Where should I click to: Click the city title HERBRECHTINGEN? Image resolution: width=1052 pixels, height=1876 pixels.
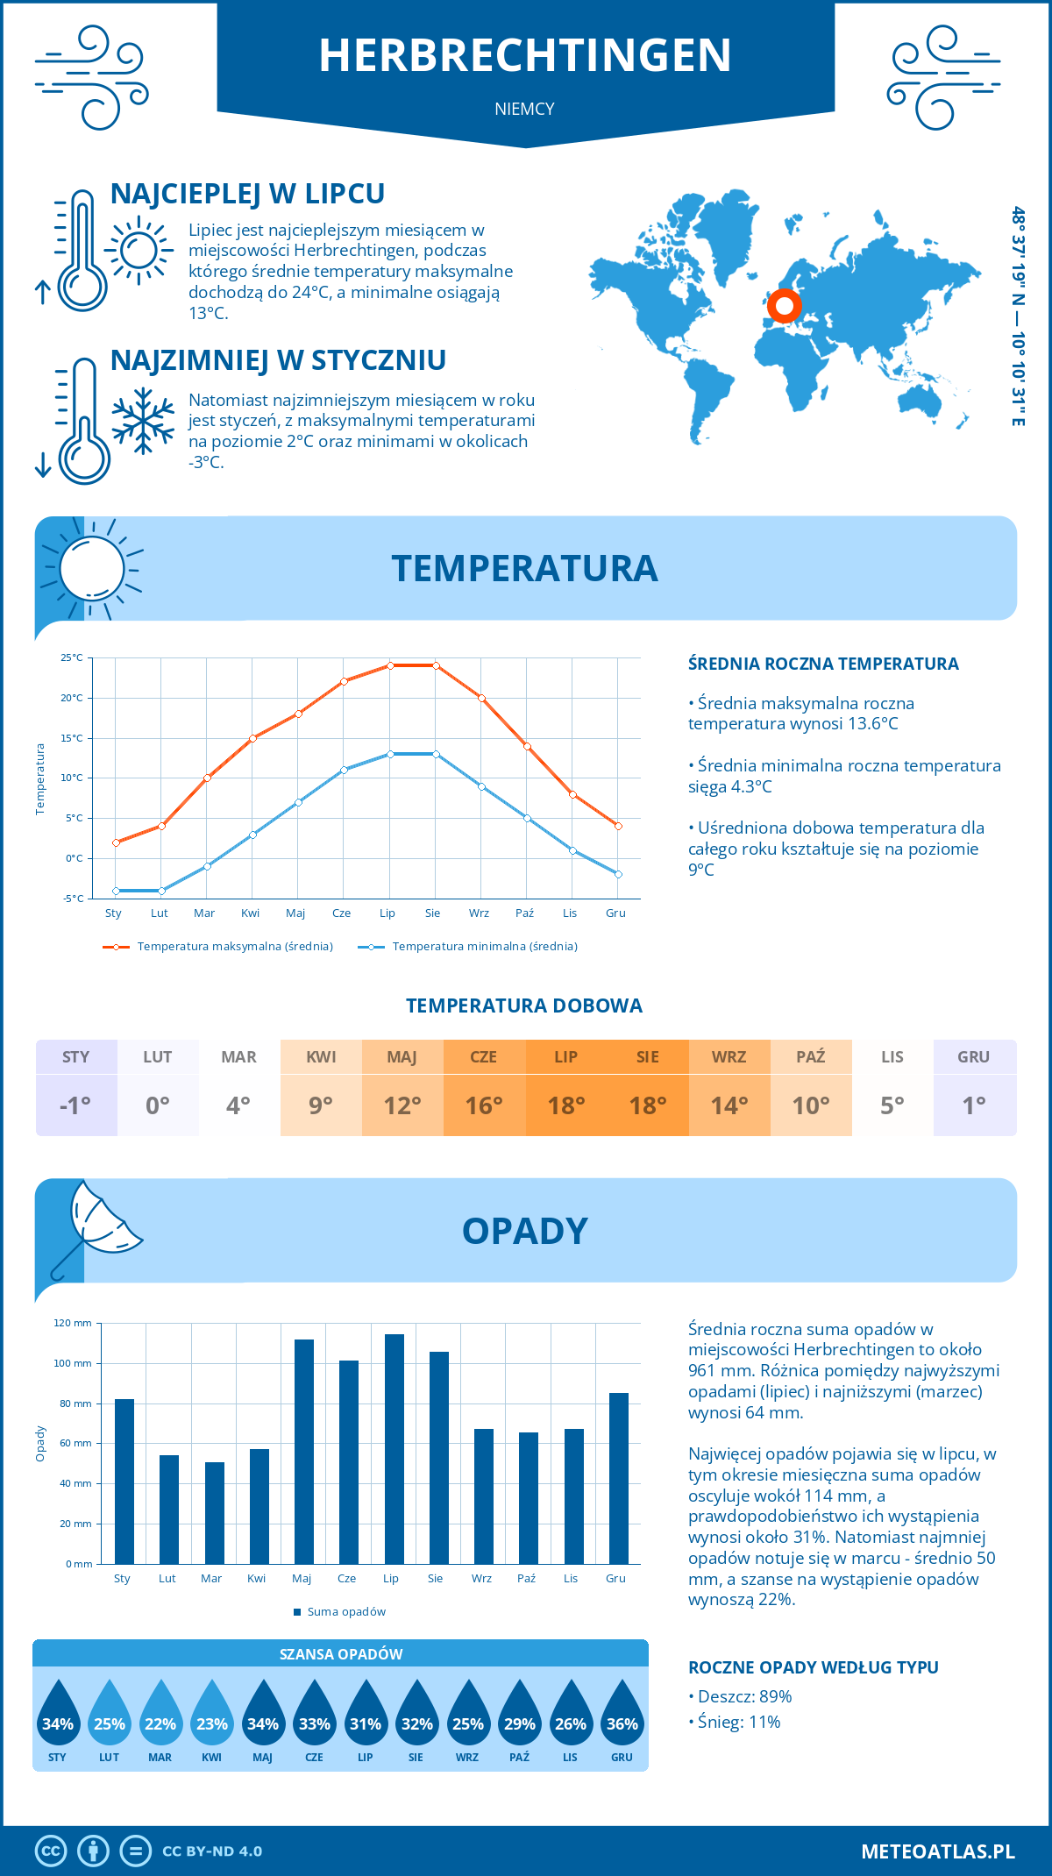coord(525,55)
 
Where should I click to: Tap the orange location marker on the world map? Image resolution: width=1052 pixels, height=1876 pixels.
coord(784,306)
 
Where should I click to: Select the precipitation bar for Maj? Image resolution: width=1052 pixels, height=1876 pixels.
coord(304,1451)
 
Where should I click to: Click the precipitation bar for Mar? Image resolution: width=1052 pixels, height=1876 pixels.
coord(214,1512)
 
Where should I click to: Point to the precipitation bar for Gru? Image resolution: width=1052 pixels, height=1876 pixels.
coord(618,1478)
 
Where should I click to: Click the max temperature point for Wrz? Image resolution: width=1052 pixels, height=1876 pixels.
coord(481,698)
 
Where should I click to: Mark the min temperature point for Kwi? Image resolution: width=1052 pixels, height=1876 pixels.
coord(252,835)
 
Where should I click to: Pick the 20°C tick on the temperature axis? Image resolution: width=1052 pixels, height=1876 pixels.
coord(72,698)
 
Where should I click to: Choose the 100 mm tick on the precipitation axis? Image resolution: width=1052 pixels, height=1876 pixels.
coord(73,1363)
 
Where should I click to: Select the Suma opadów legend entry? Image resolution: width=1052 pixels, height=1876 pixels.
coord(346,1611)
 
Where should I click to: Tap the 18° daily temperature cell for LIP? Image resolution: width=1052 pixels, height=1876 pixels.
coord(566,1105)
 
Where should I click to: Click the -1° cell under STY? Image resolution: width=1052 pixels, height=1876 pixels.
coord(76,1105)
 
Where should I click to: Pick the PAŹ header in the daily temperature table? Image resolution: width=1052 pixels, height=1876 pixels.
coord(811,1057)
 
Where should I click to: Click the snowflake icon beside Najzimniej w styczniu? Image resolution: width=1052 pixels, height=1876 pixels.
coord(143,421)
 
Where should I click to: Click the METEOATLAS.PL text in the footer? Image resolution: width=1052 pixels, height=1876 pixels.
coord(937,1851)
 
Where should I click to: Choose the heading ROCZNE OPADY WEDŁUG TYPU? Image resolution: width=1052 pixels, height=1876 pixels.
coord(813,1667)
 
